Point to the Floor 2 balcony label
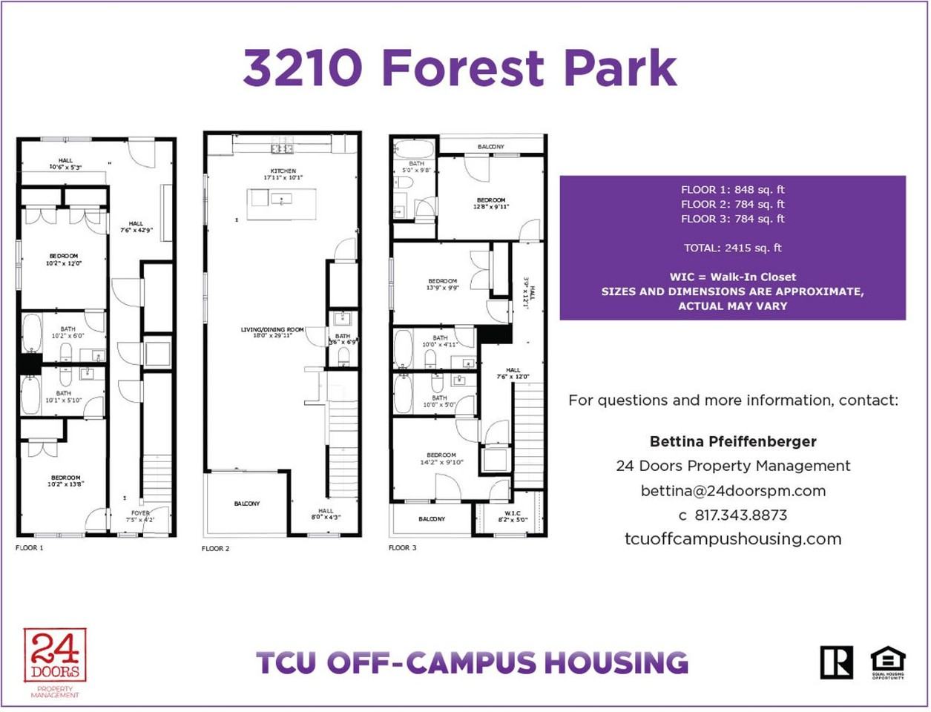coord(247,504)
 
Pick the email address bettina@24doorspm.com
coord(733,490)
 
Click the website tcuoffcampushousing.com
coord(733,539)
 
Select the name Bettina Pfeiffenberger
coord(733,441)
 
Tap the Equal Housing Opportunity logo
coord(887,662)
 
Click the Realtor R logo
coord(836,662)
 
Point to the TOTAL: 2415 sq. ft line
coord(733,248)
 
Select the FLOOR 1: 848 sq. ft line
coord(733,190)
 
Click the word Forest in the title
coord(463,68)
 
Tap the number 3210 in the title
coord(303,68)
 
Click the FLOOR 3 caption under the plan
coord(403,548)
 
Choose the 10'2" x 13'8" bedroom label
coord(65,481)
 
